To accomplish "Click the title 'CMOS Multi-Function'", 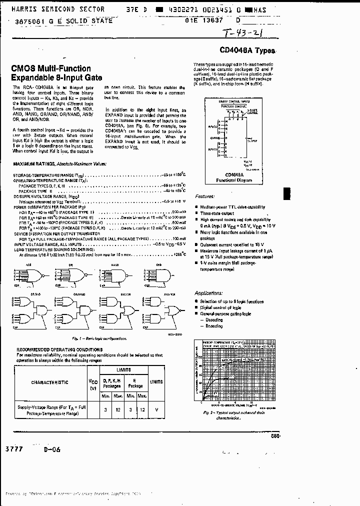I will coord(51,68).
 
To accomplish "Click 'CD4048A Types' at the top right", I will coord(247,50).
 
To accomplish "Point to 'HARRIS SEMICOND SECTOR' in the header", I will coord(58,9).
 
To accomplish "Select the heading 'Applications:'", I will coord(208,292).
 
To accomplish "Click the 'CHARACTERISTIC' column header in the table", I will coord(49,382).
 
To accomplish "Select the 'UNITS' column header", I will coord(157,382).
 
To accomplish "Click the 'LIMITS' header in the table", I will coord(123,369).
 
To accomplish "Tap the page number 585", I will coord(275,435).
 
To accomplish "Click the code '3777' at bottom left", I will coord(15,449).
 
